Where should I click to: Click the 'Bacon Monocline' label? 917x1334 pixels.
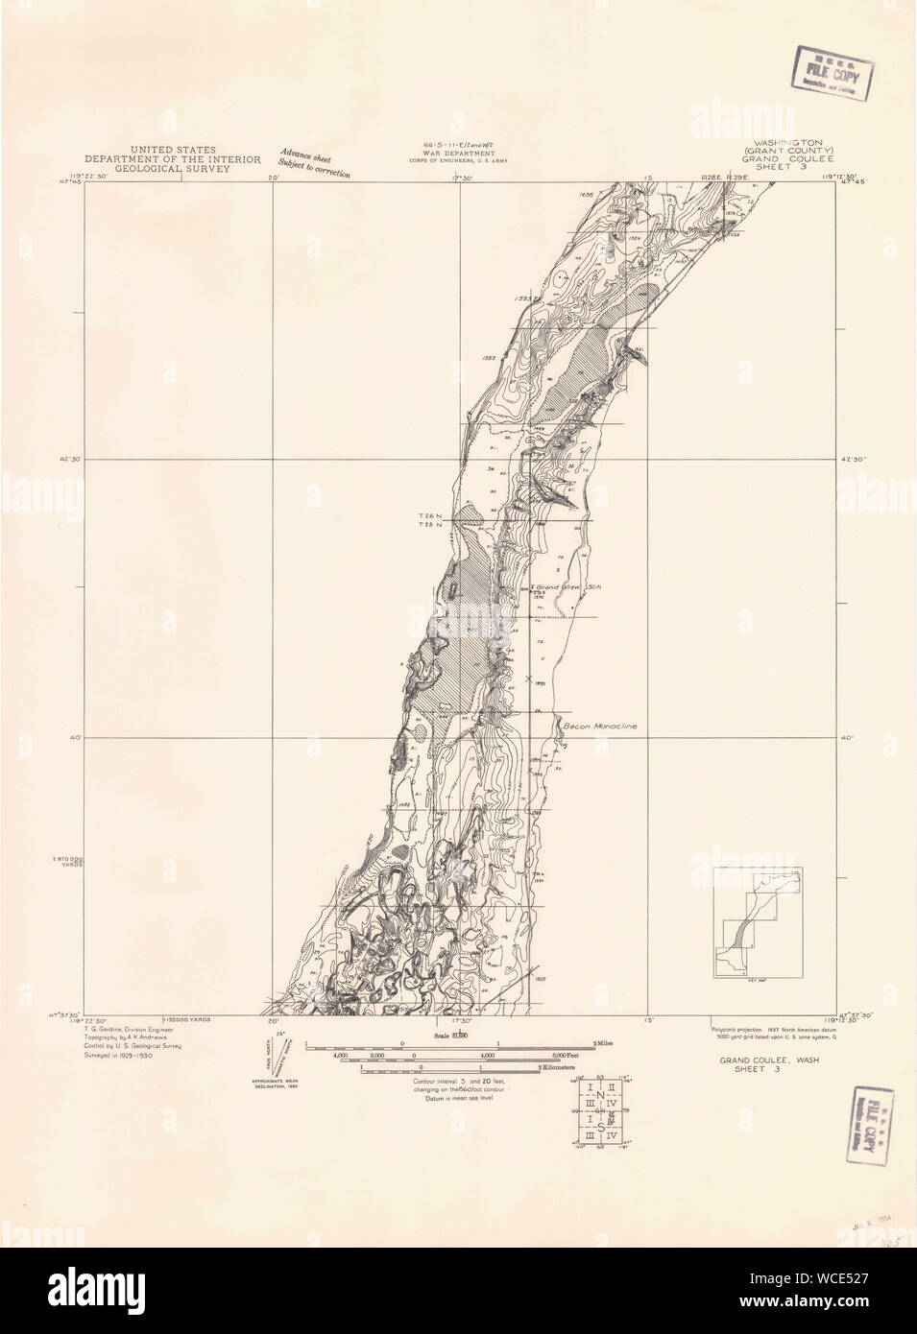pos(599,726)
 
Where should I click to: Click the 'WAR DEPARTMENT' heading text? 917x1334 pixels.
pos(463,153)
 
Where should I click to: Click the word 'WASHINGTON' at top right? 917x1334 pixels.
pos(789,141)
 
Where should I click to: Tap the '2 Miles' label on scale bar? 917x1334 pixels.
pos(605,1042)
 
